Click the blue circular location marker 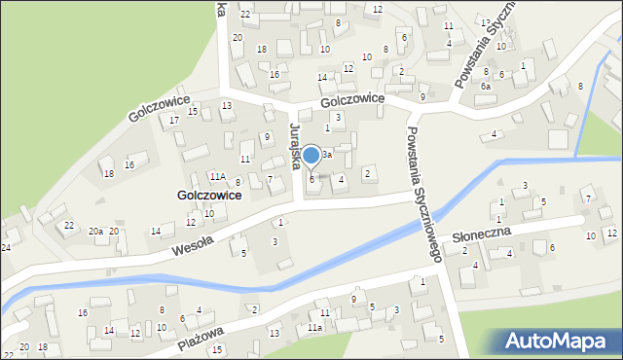pyautogui.click(x=311, y=156)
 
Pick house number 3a pyautogui.click(x=328, y=155)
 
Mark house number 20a pyautogui.click(x=96, y=231)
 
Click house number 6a pyautogui.click(x=485, y=86)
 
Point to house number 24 pyautogui.click(x=6, y=247)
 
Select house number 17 pyautogui.click(x=173, y=120)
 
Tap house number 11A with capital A pyautogui.click(x=217, y=177)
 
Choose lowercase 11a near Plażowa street pyautogui.click(x=314, y=328)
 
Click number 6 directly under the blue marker pyautogui.click(x=311, y=179)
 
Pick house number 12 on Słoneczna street pyautogui.click(x=611, y=234)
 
